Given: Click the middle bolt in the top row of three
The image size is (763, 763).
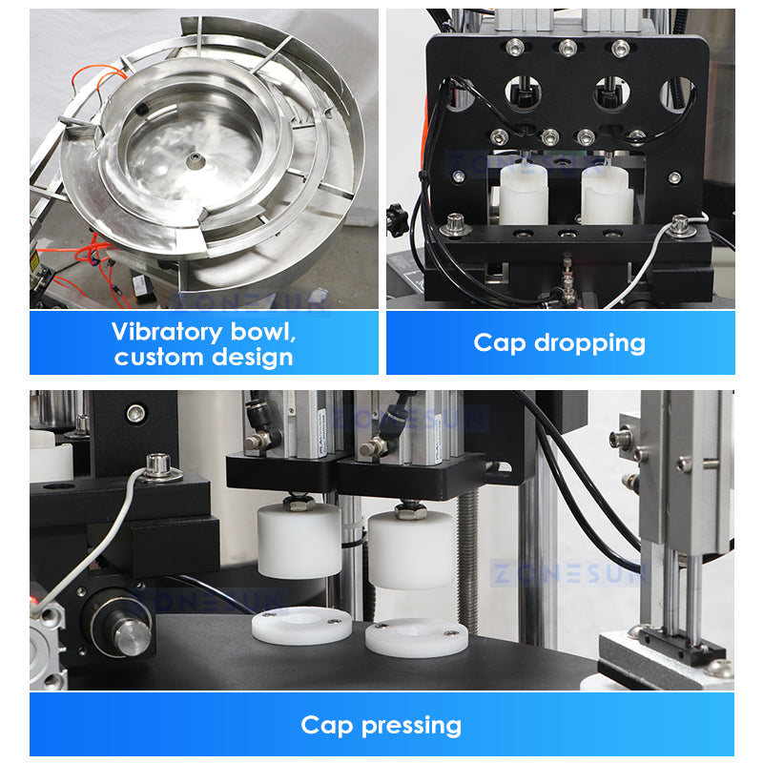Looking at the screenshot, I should pos(567,46).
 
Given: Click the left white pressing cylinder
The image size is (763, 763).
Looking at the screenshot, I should pos(299,541).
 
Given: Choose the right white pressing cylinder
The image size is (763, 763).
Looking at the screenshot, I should pos(411,549).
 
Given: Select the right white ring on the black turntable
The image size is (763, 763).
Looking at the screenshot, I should pos(416,636).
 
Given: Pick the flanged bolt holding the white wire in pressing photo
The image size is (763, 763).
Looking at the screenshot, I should pos(158,466).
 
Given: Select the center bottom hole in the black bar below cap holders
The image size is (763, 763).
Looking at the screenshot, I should pos(567,234).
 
